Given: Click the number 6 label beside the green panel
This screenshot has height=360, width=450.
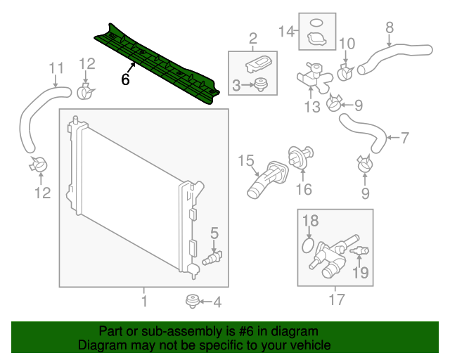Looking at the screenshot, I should point(125,79).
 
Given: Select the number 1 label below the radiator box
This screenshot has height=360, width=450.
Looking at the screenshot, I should point(144,302).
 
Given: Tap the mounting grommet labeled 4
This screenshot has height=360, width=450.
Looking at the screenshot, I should point(190,302).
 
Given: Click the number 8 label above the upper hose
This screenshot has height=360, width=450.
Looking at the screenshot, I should point(389,29).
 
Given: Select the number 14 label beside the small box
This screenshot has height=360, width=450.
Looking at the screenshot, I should point(287,32).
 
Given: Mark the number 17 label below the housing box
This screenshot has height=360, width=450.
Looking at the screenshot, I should point(336,300).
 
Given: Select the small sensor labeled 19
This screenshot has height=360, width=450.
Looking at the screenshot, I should point(361,252).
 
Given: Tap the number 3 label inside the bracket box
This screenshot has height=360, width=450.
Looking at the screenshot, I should point(237,86).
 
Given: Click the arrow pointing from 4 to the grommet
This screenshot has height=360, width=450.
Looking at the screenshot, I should point(203,302).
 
